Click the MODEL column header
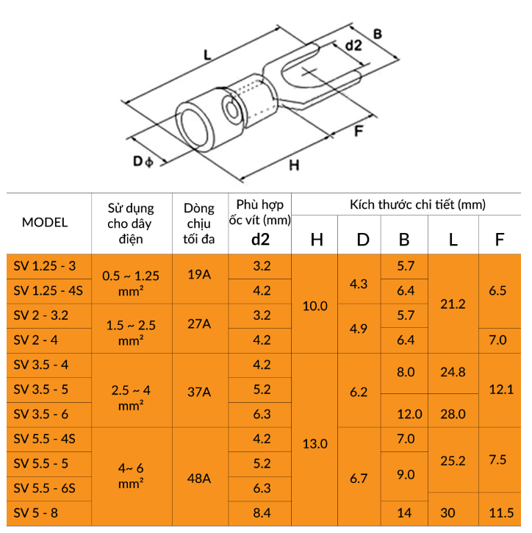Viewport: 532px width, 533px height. click(x=45, y=222)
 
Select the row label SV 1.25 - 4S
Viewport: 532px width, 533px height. click(x=48, y=290)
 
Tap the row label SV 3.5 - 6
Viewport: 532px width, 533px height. click(x=40, y=414)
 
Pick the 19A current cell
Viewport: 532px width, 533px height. click(x=199, y=274)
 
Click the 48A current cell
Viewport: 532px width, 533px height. click(x=199, y=479)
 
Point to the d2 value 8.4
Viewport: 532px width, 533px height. click(x=262, y=512)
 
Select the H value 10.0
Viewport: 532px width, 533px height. click(x=315, y=306)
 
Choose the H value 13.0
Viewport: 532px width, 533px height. click(x=315, y=443)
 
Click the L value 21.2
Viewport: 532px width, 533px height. click(x=453, y=304)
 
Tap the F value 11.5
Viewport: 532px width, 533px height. click(x=501, y=512)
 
